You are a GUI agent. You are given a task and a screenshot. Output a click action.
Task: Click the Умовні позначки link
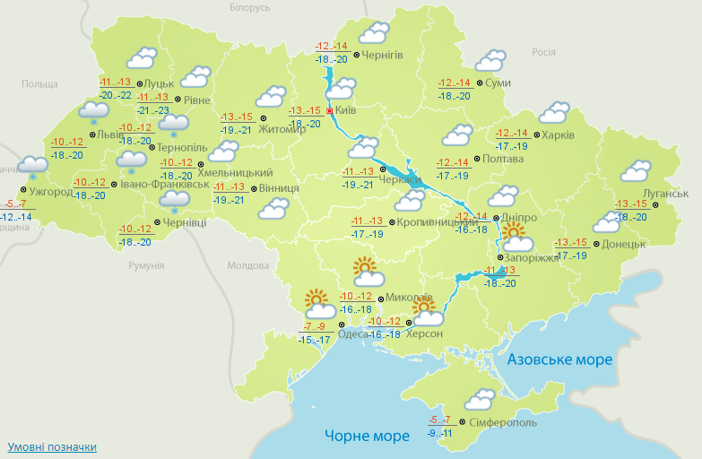(51, 446)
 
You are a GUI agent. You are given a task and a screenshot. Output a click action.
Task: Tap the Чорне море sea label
(367, 436)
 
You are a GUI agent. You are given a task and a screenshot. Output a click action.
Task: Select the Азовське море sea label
(559, 359)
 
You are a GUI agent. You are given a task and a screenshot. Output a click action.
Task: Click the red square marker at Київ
(330, 111)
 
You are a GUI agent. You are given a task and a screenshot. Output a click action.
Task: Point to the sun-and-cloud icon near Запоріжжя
(516, 238)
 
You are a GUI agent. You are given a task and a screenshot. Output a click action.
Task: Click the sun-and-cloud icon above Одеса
(318, 304)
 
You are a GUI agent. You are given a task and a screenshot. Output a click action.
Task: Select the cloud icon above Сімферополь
(480, 398)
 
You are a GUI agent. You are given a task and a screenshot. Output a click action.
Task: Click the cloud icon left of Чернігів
(373, 34)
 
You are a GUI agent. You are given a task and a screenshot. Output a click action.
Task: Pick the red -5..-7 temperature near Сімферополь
(440, 420)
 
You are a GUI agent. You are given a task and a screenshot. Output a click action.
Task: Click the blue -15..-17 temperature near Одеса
(315, 340)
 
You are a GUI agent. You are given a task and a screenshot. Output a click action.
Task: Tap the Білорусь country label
(249, 8)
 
